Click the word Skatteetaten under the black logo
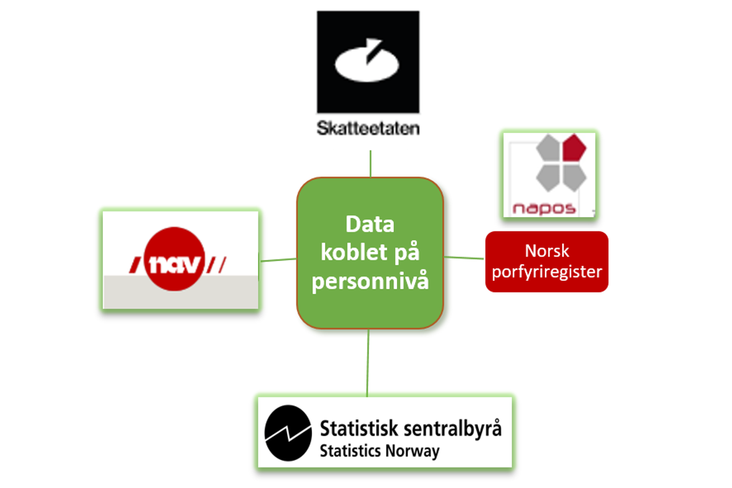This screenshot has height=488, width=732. [x=368, y=129]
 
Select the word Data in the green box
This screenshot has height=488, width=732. [x=370, y=225]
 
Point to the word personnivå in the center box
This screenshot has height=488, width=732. [x=370, y=281]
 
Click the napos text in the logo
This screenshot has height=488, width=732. [x=544, y=208]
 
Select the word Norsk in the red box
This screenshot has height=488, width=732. [x=547, y=251]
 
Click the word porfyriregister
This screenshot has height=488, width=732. [x=547, y=271]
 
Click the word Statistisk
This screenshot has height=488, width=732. [x=358, y=429]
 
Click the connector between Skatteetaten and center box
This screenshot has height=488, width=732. [x=371, y=163]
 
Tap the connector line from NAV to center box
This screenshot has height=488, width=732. [x=278, y=260]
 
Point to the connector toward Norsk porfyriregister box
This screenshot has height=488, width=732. [x=464, y=257]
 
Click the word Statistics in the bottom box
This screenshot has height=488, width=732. [x=350, y=451]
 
